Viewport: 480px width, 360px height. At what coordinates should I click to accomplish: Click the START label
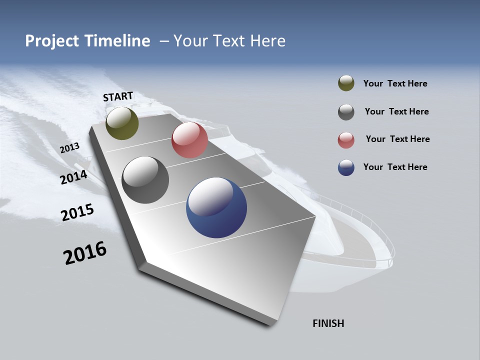tap(118, 96)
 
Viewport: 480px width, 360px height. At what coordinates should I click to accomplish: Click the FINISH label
tap(328, 323)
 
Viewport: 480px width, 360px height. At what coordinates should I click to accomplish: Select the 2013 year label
tap(70, 148)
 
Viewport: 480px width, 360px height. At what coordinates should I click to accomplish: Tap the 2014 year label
tap(74, 177)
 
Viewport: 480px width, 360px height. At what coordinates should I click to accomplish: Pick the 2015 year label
tap(77, 212)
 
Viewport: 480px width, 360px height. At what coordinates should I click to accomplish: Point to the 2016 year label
tap(85, 253)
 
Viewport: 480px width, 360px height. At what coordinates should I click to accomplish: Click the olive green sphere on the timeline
tap(122, 123)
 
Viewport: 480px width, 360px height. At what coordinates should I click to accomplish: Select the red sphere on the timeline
tap(189, 140)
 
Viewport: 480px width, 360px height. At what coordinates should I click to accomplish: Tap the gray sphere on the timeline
tap(145, 180)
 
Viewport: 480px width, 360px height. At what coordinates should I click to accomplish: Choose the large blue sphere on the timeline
tap(216, 207)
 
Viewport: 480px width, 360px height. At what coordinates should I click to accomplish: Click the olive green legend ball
tap(346, 83)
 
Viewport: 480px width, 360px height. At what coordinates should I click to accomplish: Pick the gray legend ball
tap(346, 112)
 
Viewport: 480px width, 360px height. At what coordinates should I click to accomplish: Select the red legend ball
tap(346, 140)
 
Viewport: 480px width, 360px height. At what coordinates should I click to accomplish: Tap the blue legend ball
tap(346, 167)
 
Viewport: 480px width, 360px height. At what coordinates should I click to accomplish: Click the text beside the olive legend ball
tap(395, 84)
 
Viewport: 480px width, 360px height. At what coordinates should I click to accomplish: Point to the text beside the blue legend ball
tap(395, 167)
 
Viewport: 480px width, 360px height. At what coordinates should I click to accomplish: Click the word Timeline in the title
tap(118, 41)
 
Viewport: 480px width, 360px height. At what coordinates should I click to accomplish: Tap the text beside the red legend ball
tap(397, 139)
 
